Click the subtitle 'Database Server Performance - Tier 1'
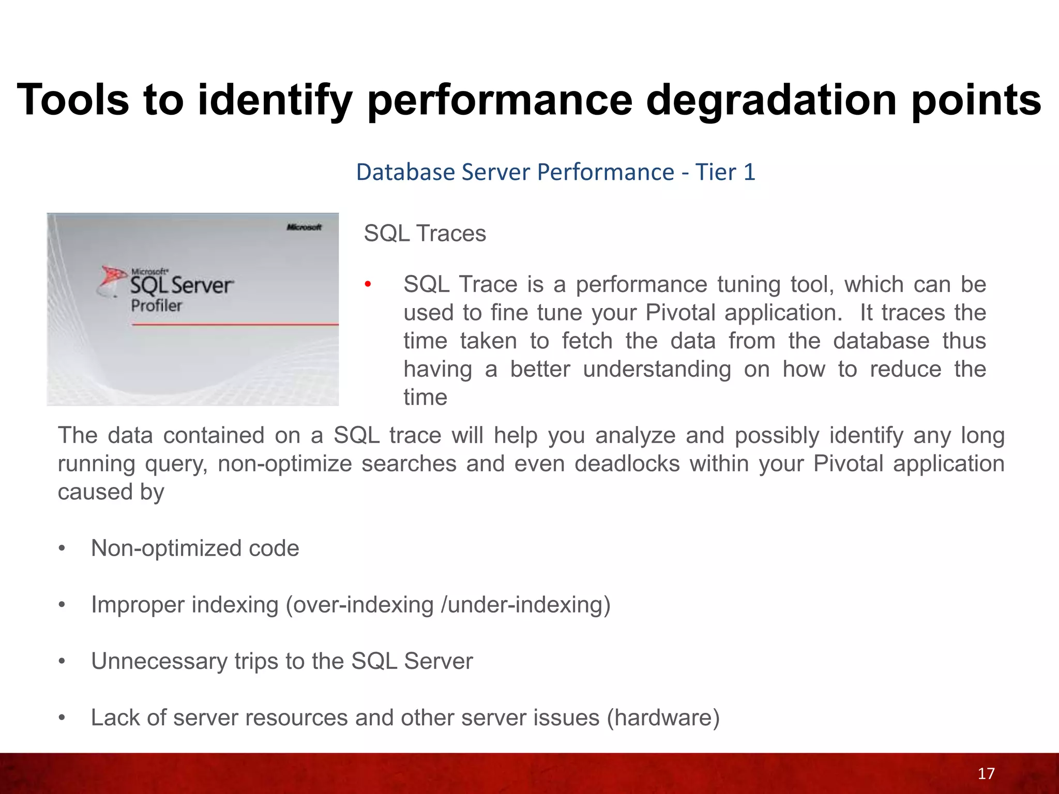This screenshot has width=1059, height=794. (x=555, y=172)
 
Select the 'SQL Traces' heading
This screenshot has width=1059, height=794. (x=425, y=234)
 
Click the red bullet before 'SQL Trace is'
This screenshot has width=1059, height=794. (x=368, y=284)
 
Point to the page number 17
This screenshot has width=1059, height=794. (x=986, y=773)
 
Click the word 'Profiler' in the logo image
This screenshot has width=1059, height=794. (x=156, y=306)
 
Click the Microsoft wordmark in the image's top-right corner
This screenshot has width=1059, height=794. (x=304, y=227)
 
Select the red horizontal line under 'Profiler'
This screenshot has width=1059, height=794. (x=235, y=325)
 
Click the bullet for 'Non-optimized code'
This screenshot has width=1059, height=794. (x=62, y=548)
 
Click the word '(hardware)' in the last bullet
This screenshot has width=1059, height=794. (x=663, y=718)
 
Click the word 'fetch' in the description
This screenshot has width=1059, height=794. (x=587, y=341)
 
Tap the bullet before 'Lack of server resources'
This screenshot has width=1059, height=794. (x=62, y=718)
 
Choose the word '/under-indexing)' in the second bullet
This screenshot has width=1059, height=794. (x=525, y=605)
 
